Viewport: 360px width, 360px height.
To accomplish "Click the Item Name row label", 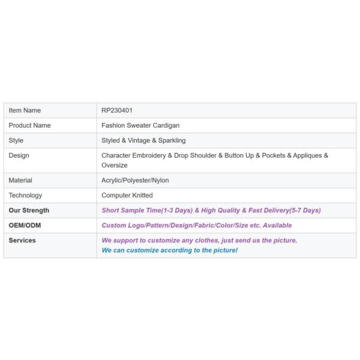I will coord(25,110).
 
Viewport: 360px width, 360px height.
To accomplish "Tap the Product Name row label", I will coord(29,125).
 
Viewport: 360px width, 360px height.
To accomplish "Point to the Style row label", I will coord(16,140).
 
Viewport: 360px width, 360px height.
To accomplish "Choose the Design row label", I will coord(19,155).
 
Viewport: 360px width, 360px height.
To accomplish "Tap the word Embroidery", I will coord(150,155).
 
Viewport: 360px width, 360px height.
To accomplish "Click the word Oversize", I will coord(115,165).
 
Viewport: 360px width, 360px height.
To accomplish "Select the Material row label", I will coord(20,180).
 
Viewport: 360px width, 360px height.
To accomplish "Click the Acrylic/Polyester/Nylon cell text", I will coord(135,180).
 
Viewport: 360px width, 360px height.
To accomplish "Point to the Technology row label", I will coord(25,195).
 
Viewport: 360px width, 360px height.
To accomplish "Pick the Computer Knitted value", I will coord(127,195).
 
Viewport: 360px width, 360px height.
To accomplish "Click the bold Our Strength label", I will coord(29,210).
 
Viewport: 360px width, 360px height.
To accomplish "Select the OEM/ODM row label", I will coord(25,225).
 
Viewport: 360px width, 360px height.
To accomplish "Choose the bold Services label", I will coord(22,240).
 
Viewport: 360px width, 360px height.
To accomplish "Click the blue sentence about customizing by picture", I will coord(170,250).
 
